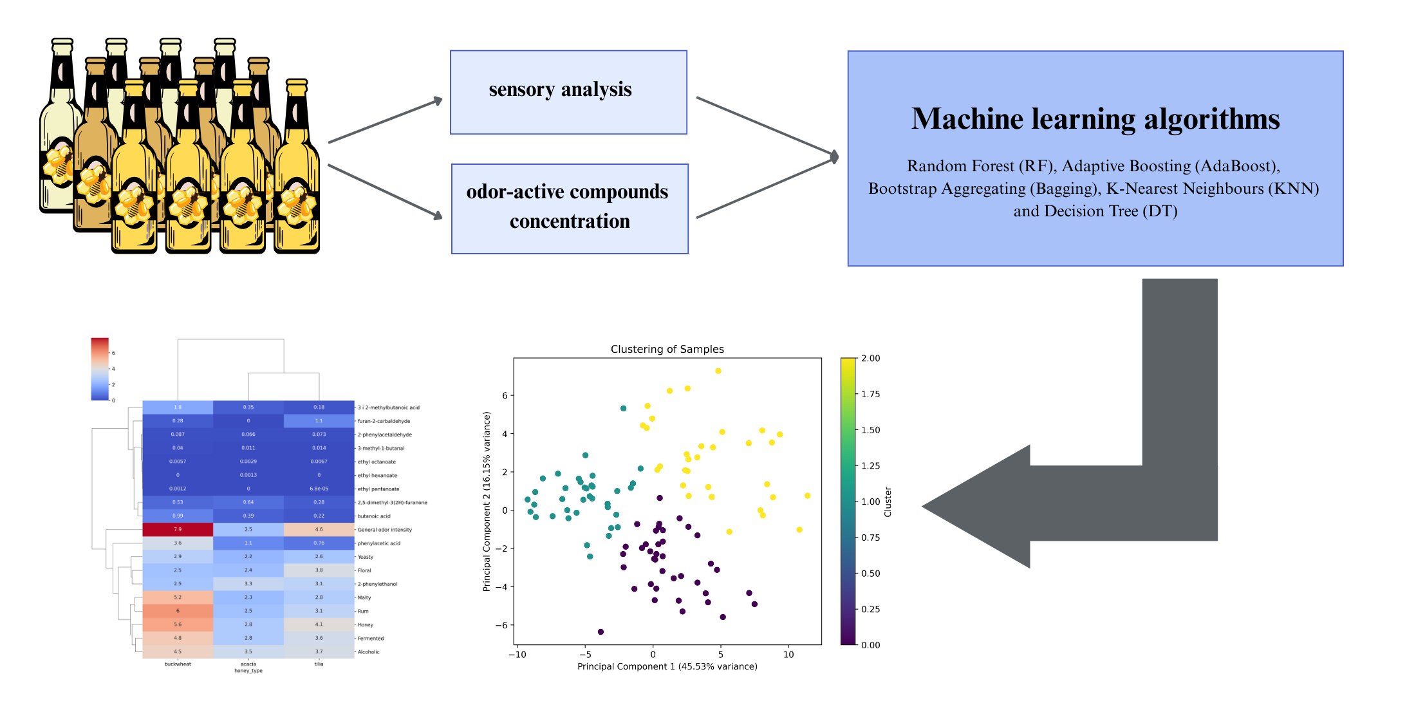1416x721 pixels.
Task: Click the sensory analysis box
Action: click(x=568, y=92)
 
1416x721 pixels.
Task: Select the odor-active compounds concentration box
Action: click(x=570, y=209)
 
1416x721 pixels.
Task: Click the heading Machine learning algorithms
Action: click(x=1095, y=119)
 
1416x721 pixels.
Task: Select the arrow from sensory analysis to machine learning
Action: click(x=766, y=126)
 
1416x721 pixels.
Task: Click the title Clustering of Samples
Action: click(x=667, y=349)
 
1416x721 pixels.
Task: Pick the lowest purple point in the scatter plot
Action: click(x=601, y=632)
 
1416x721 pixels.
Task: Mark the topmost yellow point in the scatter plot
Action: click(x=718, y=371)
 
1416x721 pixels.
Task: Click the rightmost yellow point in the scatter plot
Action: click(x=807, y=496)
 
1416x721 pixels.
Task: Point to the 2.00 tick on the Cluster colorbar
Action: click(x=870, y=359)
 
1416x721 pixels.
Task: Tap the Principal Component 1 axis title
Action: click(x=667, y=666)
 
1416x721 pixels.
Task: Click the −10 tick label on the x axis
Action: click(x=517, y=655)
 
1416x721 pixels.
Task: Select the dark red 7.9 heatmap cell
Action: click(x=178, y=529)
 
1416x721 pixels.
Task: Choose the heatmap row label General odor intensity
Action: click(x=385, y=530)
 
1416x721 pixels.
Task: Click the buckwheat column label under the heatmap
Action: click(x=178, y=664)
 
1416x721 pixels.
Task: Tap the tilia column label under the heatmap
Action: click(x=319, y=664)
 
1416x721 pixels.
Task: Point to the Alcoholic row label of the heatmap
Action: click(x=369, y=651)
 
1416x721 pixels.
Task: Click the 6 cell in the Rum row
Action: click(x=178, y=611)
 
